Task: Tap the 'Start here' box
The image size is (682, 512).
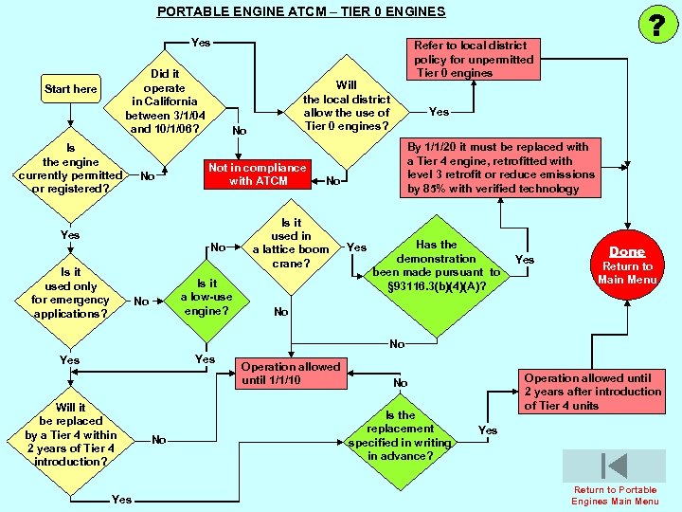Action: click(71, 89)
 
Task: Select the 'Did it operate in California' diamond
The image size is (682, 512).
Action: click(164, 101)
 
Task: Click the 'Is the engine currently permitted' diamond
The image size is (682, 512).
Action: click(70, 169)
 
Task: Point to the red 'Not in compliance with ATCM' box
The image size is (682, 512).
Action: click(258, 174)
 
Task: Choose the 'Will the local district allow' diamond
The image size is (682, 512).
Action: click(346, 106)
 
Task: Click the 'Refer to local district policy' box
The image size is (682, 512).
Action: click(473, 59)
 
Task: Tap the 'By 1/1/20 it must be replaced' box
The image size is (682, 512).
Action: click(501, 168)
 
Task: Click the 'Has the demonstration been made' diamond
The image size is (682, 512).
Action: click(436, 265)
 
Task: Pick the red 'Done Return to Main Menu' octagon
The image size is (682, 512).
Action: click(626, 265)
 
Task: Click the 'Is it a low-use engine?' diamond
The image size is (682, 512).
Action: click(206, 297)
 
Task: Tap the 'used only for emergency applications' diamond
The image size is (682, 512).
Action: click(70, 293)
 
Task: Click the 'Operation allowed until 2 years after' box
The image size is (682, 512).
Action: click(592, 391)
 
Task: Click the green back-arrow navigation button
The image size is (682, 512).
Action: click(614, 466)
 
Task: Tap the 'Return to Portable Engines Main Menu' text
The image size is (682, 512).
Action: click(615, 496)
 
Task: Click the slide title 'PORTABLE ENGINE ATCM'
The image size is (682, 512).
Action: click(300, 11)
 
